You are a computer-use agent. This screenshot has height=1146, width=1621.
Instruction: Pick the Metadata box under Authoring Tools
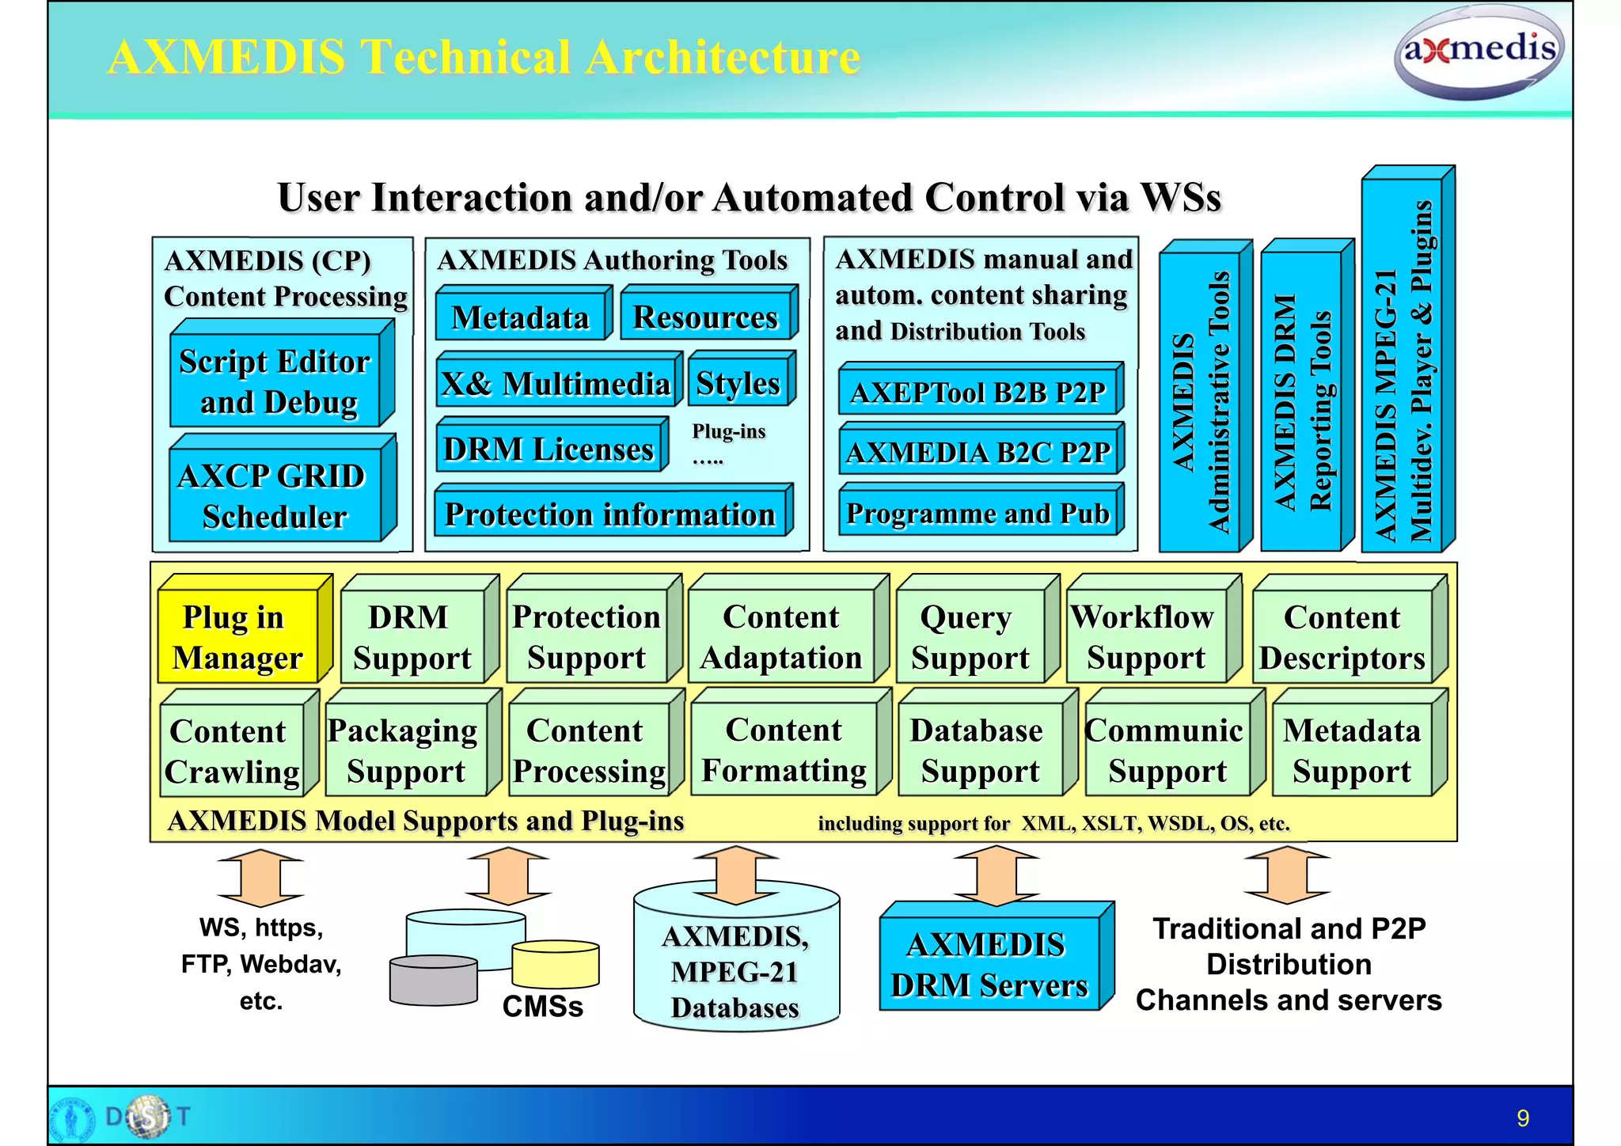click(x=520, y=317)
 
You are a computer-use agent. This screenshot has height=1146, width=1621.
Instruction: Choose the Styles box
click(x=738, y=383)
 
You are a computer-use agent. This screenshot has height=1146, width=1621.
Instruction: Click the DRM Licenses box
click(x=549, y=449)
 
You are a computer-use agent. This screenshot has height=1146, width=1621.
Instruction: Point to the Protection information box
click(x=609, y=514)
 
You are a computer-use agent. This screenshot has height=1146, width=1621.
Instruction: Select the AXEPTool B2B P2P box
click(x=978, y=392)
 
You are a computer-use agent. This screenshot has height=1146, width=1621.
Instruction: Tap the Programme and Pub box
click(x=978, y=513)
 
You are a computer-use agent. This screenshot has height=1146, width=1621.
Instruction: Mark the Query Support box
click(x=970, y=636)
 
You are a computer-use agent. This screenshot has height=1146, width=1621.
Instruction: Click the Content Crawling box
click(x=232, y=750)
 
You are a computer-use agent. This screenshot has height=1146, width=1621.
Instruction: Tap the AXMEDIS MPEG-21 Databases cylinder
click(x=735, y=971)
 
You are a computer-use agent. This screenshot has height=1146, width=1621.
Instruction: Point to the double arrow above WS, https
click(x=260, y=878)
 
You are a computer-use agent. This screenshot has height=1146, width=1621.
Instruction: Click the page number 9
click(x=1522, y=1118)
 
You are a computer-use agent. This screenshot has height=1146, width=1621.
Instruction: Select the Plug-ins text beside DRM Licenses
click(x=728, y=432)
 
